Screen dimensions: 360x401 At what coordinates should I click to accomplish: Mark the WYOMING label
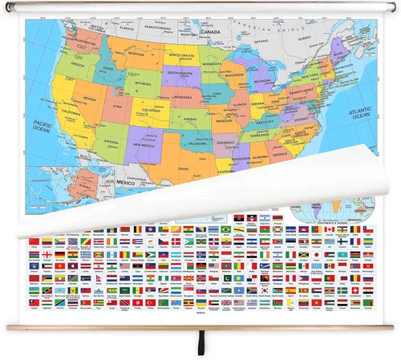(139, 81)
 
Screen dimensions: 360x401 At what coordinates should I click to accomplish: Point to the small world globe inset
(317, 210)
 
